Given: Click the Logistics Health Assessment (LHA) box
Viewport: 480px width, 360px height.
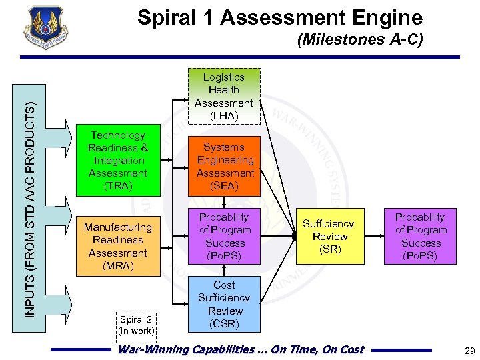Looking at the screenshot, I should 223,97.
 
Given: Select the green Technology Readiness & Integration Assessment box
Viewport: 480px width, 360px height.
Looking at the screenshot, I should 118,160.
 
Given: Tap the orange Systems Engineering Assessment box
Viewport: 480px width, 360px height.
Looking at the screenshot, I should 224,166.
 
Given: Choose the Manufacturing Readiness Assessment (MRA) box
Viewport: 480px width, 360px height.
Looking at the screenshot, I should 118,246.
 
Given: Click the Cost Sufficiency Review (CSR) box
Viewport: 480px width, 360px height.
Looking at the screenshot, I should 224,304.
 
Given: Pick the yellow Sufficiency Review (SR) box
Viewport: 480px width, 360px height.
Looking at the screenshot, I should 329,237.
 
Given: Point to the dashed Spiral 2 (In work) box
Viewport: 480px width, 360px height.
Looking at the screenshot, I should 136,325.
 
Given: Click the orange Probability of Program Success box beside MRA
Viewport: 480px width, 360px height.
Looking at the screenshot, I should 224,236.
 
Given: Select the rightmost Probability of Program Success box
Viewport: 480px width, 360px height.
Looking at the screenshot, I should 421,236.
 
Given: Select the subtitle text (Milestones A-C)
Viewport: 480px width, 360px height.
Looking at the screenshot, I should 360,40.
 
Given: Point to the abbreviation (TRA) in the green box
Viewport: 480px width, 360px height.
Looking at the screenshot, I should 118,186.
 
